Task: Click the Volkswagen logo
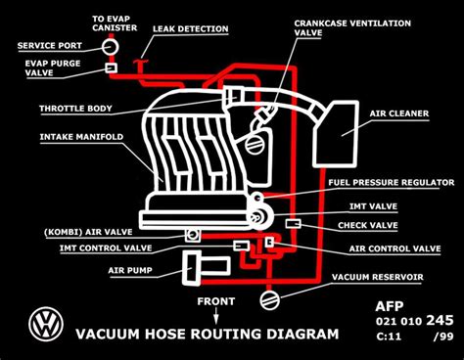pos(43,324)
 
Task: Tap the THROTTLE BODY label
pos(72,109)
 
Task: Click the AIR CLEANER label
pos(398,113)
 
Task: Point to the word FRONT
pos(218,301)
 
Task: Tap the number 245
pos(440,319)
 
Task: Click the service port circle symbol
pos(110,46)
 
